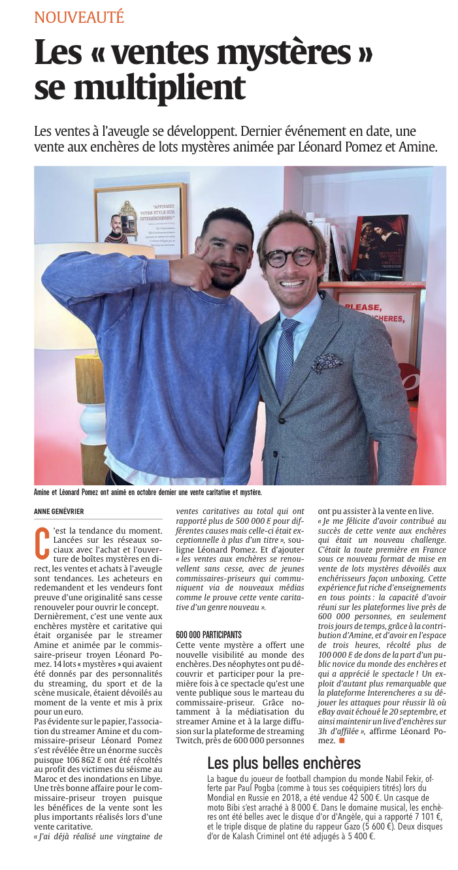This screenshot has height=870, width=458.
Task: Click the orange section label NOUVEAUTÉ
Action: pos(79,18)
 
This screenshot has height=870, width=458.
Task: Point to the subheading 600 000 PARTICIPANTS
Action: pos(208,634)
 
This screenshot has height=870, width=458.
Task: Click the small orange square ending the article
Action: pos(342,741)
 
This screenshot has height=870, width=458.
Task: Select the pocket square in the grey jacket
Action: pos(327,361)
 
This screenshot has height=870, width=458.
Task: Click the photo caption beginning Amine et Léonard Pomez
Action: pos(147,492)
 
